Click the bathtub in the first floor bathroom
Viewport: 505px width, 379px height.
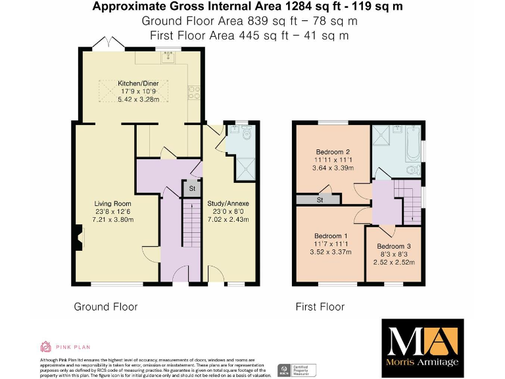412,143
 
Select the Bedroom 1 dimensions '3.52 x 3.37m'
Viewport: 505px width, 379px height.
331,251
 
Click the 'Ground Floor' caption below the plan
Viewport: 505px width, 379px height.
106,307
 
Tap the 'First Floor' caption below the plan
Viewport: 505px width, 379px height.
320,307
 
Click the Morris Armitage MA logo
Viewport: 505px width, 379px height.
422,344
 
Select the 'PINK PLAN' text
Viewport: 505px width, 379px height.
72,347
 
